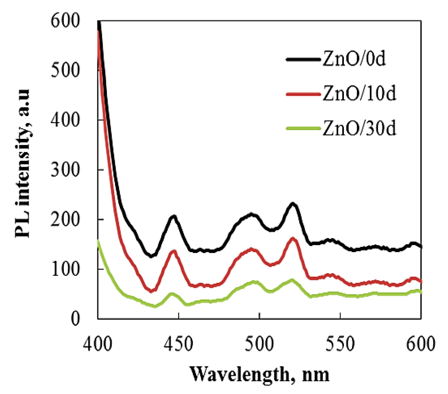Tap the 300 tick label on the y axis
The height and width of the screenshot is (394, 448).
65,170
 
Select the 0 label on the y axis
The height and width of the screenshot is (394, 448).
75,319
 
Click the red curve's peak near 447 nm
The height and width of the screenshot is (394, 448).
173,251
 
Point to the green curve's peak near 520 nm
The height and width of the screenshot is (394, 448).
292,280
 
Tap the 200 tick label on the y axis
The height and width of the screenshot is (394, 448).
65,219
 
